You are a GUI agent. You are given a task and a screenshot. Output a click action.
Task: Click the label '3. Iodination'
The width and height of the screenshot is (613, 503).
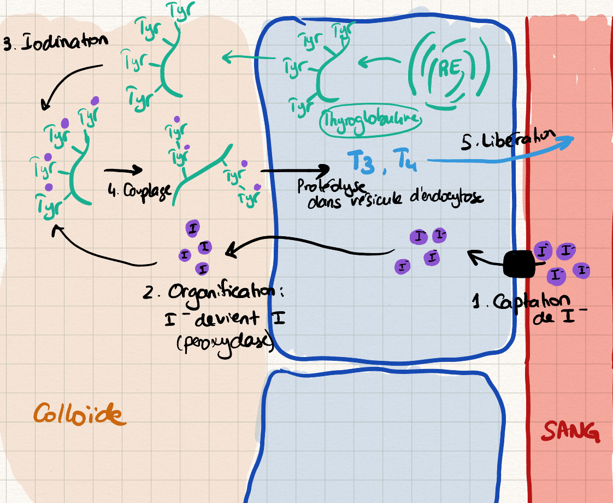point(55,44)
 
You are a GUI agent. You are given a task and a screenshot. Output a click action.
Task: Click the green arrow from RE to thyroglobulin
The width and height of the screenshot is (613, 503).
point(382,64)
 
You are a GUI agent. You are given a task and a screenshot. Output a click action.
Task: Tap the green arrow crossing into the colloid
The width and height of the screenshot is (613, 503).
point(243,56)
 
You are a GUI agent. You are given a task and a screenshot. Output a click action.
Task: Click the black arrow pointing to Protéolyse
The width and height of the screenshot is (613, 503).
point(295,170)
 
